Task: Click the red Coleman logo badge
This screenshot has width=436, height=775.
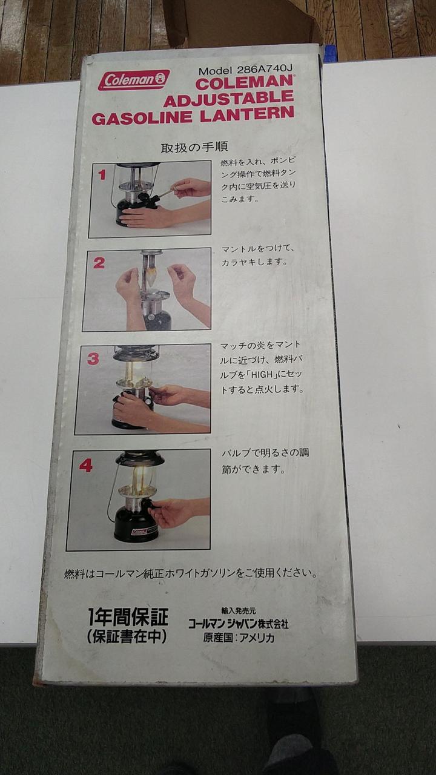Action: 134,79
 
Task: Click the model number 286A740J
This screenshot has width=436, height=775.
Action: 265,70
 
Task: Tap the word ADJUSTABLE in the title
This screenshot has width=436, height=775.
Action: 229,99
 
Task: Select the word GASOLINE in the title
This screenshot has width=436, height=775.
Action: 142,118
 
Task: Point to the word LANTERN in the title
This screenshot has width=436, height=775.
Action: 247,114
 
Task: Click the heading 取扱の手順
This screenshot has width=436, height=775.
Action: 194,147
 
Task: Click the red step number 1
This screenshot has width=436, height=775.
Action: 102,175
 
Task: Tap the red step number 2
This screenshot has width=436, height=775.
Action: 99,263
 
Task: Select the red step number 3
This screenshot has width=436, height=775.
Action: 93,359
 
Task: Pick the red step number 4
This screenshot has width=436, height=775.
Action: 85,466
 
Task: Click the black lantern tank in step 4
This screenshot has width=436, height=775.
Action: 136,524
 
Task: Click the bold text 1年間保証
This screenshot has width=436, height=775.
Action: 128,617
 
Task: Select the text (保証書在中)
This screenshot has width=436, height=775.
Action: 127,636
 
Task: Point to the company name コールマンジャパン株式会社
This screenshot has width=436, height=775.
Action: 238,624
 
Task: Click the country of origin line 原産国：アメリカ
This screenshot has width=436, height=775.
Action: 239,638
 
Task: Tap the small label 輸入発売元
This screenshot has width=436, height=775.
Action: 239,611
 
